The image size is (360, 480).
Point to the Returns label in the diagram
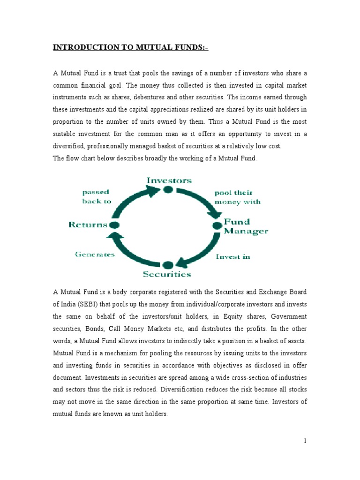[x=88, y=225]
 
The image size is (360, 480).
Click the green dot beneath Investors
[x=168, y=189]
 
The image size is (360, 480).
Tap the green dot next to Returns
[x=115, y=225]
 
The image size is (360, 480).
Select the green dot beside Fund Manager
[x=217, y=226]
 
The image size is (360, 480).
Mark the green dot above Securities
[x=168, y=265]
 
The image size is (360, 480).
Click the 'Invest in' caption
[x=232, y=256]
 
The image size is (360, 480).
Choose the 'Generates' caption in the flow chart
[x=95, y=254]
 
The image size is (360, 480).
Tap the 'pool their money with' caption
[x=237, y=197]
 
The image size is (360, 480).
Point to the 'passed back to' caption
[x=97, y=196]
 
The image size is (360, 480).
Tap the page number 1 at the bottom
[x=304, y=441]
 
